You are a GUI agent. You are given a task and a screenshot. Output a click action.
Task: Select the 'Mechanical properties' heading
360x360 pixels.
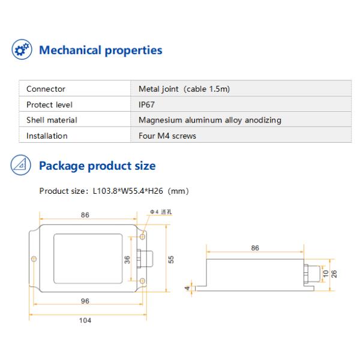click(x=100, y=50)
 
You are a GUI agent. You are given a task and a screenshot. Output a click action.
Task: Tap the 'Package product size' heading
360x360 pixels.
click(x=97, y=166)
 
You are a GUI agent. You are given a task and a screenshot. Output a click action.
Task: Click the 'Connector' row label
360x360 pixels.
click(x=46, y=89)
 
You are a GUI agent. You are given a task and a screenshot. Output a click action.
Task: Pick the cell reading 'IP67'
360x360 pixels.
click(x=147, y=104)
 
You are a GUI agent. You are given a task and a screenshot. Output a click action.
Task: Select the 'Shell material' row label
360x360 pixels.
click(x=52, y=120)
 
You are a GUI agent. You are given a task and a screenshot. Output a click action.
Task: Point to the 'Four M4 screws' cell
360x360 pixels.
click(x=167, y=136)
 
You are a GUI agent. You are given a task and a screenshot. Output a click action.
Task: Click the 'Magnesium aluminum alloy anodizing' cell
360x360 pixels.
click(x=210, y=120)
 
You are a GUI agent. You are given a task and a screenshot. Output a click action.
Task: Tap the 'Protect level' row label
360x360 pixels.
click(x=49, y=104)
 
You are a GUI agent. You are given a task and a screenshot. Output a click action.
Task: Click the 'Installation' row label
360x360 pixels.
click(x=47, y=136)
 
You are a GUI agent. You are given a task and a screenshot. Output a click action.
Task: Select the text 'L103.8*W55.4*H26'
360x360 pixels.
click(x=127, y=191)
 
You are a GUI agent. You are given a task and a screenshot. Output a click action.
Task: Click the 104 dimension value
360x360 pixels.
click(x=85, y=320)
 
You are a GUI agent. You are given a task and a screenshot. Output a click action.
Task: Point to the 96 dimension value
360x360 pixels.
click(x=85, y=301)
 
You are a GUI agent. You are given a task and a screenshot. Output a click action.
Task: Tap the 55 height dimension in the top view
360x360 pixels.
click(x=171, y=259)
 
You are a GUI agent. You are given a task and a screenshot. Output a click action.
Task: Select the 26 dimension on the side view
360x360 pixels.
click(x=334, y=273)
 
